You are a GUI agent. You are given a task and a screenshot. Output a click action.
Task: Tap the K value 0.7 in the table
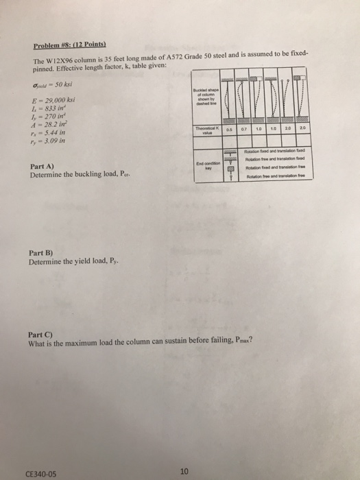click(243, 128)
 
